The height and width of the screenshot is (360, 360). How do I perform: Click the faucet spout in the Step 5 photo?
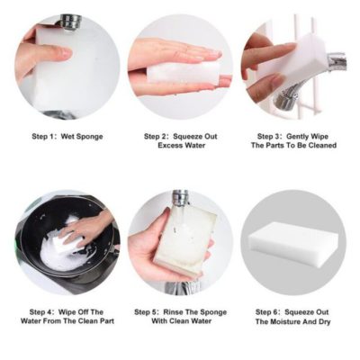(180, 198)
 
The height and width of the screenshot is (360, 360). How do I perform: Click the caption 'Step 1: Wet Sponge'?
(67, 136)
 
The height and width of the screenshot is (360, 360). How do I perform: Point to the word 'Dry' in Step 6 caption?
(323, 321)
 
